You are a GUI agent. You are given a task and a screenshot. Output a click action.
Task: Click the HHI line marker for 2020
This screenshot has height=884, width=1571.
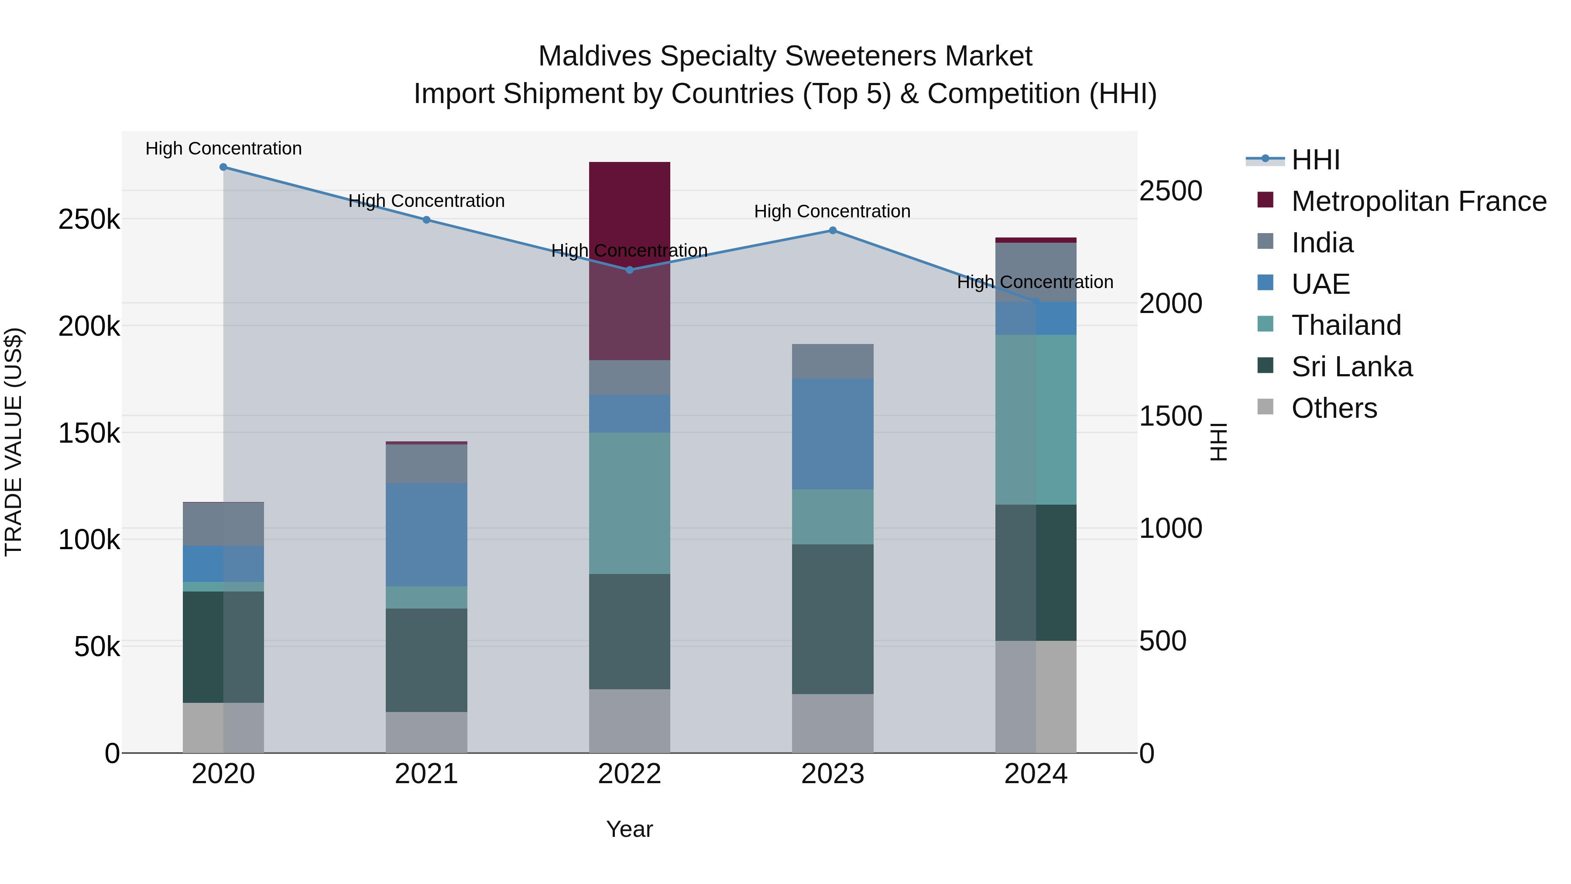point(223,167)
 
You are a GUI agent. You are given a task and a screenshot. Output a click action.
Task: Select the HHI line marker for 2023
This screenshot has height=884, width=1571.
point(833,230)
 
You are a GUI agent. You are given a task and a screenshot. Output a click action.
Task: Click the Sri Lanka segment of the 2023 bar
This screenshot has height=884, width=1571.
point(833,619)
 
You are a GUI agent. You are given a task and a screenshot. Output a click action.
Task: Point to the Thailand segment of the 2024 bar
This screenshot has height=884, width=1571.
point(1036,420)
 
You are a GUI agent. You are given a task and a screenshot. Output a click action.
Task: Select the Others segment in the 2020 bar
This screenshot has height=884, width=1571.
point(223,728)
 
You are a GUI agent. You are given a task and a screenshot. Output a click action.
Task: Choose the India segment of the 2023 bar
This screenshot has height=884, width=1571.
point(833,361)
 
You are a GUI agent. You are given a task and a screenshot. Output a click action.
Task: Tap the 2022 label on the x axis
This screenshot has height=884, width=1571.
point(629,774)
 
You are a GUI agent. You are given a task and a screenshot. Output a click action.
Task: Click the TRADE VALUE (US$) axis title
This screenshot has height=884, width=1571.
point(14,442)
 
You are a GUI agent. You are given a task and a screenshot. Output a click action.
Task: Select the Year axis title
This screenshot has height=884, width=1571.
point(629,829)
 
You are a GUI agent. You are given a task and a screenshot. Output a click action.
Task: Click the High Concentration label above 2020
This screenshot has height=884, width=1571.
point(223,148)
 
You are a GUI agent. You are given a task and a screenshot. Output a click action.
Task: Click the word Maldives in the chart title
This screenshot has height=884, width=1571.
point(595,56)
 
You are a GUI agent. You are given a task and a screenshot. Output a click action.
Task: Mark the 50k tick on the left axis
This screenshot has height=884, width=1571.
point(97,647)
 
